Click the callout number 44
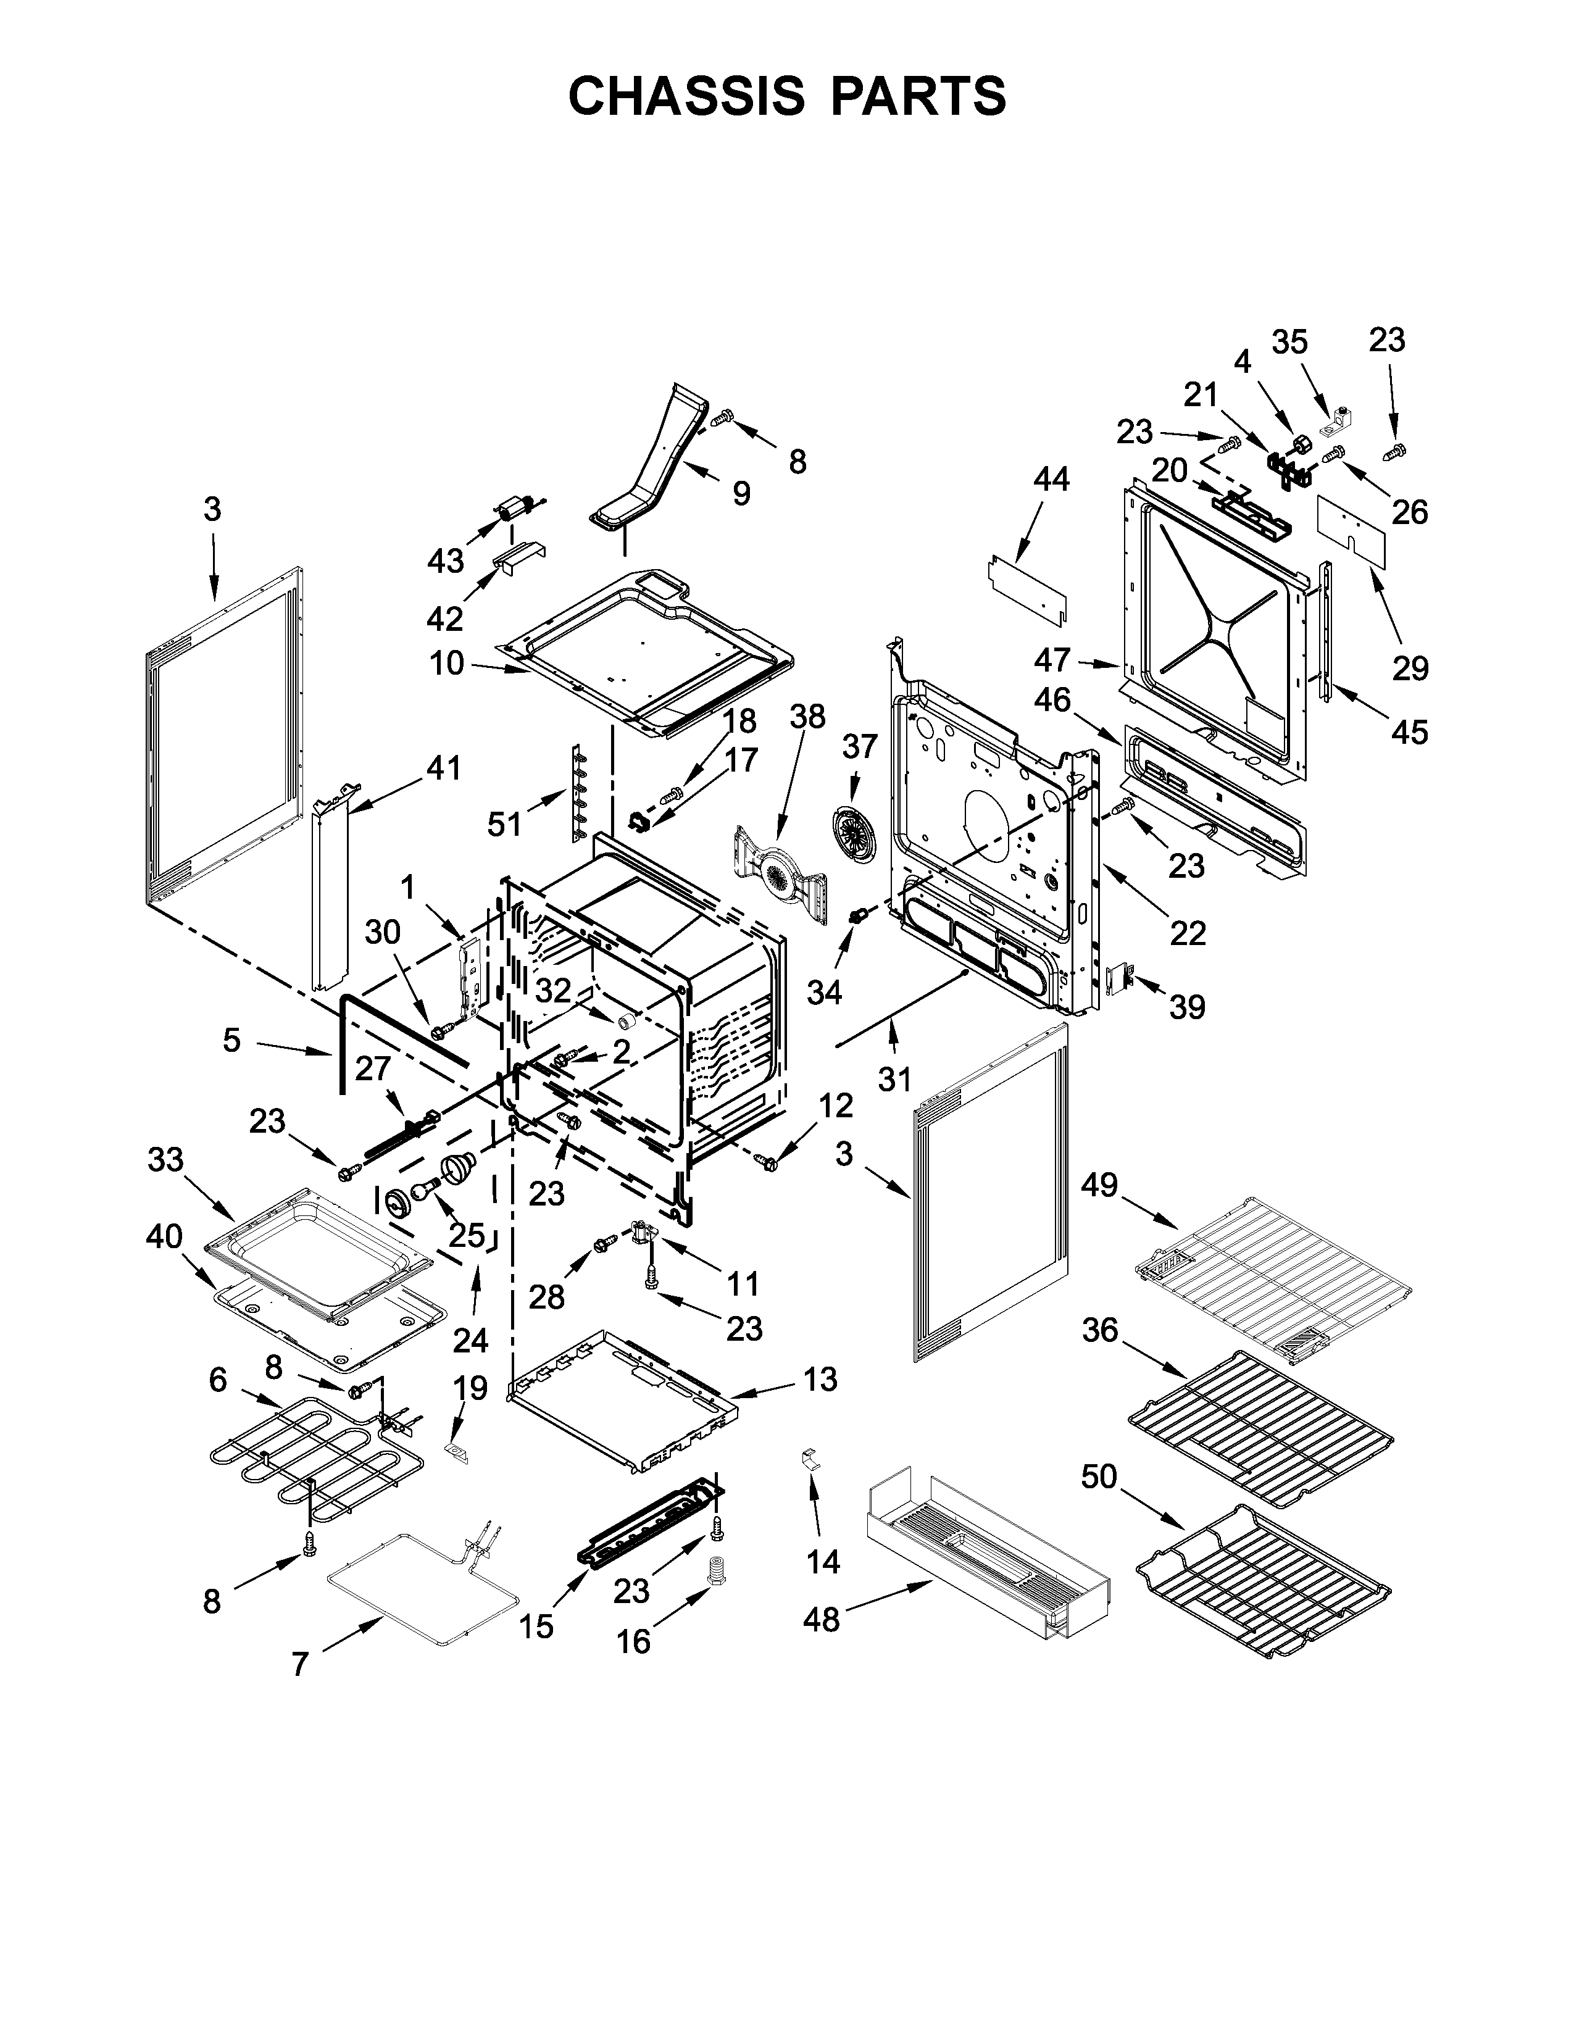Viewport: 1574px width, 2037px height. [x=1051, y=480]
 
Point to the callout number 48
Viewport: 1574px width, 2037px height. [x=822, y=1620]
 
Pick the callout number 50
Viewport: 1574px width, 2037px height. [x=1099, y=1477]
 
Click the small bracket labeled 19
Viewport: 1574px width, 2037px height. [x=457, y=1451]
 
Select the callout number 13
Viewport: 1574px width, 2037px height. [x=820, y=1378]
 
